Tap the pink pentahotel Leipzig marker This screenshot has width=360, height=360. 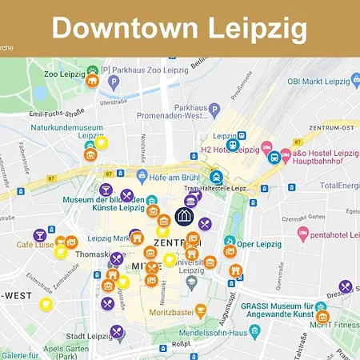303,233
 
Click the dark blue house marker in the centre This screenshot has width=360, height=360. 185,216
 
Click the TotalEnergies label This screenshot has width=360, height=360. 338,185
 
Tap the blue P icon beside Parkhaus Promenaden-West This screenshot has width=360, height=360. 214,109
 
